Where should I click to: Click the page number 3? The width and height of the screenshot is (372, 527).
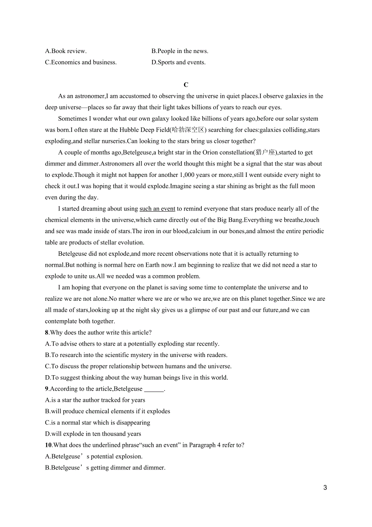click(325, 488)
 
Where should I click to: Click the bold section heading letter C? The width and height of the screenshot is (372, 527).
click(186, 85)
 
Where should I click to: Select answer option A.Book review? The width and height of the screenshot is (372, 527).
click(66, 51)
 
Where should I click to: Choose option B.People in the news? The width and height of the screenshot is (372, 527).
click(180, 51)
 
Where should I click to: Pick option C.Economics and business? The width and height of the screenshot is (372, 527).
click(81, 62)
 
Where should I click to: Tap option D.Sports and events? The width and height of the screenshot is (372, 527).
click(178, 62)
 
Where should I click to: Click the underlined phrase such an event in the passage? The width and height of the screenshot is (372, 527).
click(157, 209)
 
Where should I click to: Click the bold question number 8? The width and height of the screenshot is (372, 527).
click(47, 333)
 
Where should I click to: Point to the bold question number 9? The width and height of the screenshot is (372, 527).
click(47, 389)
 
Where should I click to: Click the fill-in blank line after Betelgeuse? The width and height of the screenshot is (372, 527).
click(154, 389)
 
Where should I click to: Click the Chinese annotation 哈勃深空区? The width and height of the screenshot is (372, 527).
click(188, 130)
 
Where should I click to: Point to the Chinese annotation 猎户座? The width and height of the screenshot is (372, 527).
click(266, 153)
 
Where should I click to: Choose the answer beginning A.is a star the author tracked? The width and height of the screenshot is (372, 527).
click(95, 400)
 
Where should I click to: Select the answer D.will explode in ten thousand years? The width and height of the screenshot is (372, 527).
click(93, 434)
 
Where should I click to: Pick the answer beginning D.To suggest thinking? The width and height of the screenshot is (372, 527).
click(136, 378)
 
